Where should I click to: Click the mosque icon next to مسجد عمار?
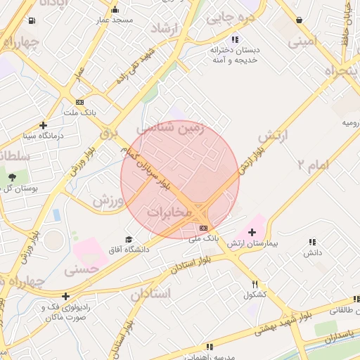[x=115, y=10]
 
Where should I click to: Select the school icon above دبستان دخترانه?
[x=234, y=39]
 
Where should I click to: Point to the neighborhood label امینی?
[x=302, y=41]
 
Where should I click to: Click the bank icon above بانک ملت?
[x=79, y=102]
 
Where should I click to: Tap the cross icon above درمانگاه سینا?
[x=44, y=124]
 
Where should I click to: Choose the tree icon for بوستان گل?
[x=12, y=176]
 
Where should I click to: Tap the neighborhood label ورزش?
[x=109, y=200]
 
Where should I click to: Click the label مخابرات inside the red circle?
[x=170, y=211]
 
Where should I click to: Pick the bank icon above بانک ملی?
[x=204, y=228]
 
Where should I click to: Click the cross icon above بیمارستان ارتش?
[x=252, y=231]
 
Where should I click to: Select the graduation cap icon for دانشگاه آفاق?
[x=128, y=240]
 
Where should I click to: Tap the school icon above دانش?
[x=311, y=242]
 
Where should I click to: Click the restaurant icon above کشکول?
[x=255, y=284]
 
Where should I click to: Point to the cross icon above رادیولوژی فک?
[x=65, y=296]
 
